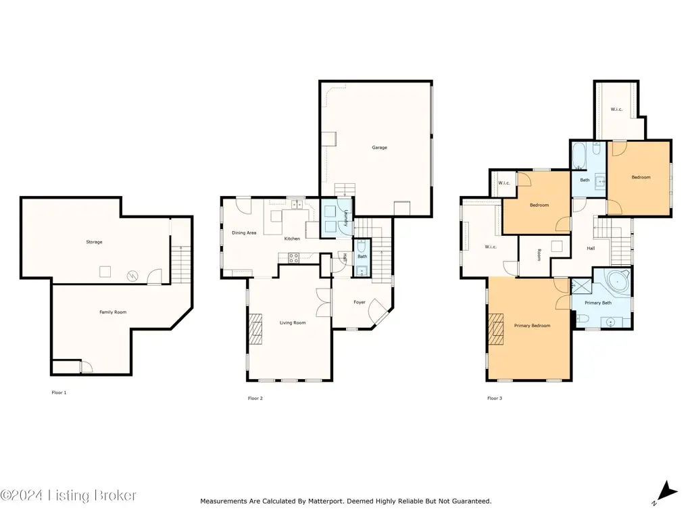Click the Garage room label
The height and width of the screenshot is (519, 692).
coord(379,147)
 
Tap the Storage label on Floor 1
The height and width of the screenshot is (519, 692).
coord(94,242)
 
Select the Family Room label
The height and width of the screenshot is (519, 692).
coord(113,312)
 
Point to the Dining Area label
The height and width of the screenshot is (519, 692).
coord(244,232)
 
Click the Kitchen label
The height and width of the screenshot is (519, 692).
coord(292,239)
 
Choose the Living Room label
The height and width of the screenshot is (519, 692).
coord(293,322)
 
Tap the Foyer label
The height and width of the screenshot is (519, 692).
coord(360,302)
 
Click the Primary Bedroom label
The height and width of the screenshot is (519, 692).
coord(533,325)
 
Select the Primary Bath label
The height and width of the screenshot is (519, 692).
coord(598,303)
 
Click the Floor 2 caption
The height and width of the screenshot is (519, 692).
coord(255,398)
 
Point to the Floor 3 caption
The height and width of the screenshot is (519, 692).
coord(495,398)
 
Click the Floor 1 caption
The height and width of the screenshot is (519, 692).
coord(59,393)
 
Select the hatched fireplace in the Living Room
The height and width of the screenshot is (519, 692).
coord(255,329)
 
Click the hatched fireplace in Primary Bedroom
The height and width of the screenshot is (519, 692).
coord(496,329)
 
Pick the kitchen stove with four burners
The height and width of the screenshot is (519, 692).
coord(294,258)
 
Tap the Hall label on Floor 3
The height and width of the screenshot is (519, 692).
coord(591,248)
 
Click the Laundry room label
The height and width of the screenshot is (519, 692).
coord(346,218)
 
